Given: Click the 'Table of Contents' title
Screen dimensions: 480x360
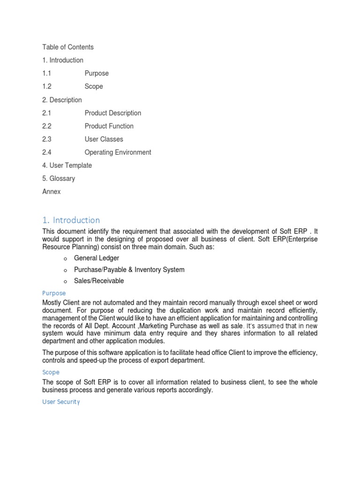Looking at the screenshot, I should (68, 47).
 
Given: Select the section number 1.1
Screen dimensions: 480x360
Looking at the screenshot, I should (46, 73).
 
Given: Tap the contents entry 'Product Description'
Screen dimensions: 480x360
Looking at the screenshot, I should (112, 113).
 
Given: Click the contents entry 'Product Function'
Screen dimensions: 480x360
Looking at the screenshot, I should (109, 126).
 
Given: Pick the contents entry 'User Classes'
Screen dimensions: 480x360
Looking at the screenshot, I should (104, 139).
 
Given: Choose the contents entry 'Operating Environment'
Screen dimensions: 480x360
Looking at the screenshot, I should (118, 152).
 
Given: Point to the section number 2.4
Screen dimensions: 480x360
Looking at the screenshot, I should (46, 152).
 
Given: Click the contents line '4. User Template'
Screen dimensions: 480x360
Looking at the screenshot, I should (67, 165).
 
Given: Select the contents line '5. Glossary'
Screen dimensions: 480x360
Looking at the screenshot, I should (59, 179).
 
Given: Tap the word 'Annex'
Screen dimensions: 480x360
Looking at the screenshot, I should (52, 192).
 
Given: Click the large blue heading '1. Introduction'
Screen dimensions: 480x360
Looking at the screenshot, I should (71, 220).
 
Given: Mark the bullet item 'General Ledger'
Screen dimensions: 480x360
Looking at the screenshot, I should (97, 258).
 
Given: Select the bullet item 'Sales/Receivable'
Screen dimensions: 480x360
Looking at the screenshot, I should (99, 281).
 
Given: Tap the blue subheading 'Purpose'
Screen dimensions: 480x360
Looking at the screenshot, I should (54, 293).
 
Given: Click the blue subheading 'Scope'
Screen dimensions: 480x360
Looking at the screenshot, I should (51, 372).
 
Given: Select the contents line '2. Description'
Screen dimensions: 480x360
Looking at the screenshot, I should (62, 100).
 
